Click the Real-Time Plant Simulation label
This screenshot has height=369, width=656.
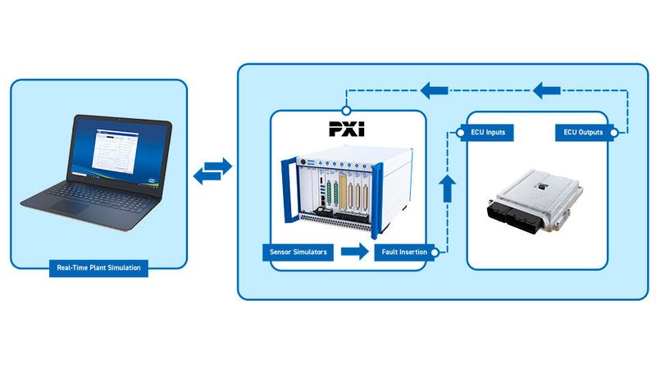98,268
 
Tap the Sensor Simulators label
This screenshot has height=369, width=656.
298,252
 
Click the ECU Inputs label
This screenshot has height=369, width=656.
487,132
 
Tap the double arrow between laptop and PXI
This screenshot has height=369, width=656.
212,171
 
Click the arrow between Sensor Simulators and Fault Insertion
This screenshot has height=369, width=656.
354,252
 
